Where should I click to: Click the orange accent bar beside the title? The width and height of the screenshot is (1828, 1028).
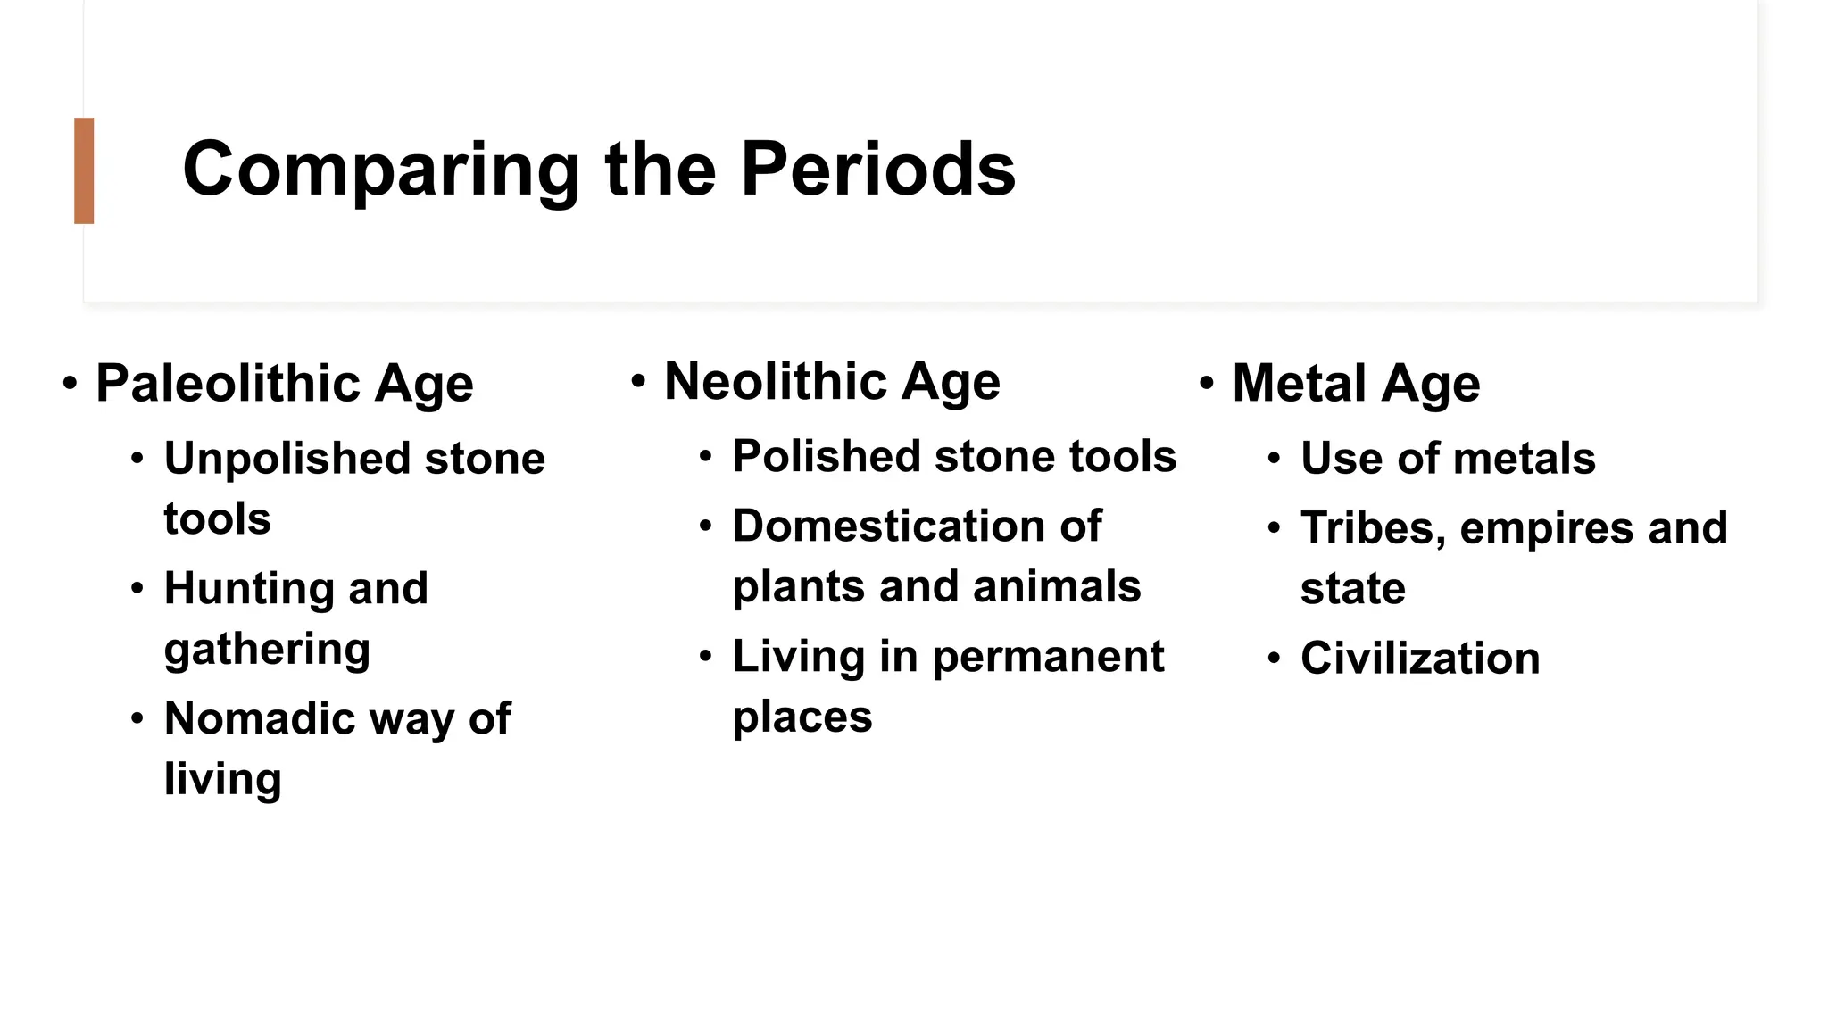click(x=84, y=170)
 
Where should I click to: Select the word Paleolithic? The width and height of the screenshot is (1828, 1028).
click(x=228, y=384)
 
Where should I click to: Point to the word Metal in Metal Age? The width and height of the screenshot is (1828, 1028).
click(x=1300, y=384)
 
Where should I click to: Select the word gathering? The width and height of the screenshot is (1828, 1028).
click(x=267, y=650)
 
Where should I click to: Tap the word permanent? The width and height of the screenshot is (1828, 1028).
click(x=1048, y=657)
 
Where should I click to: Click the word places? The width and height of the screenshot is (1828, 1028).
click(x=802, y=717)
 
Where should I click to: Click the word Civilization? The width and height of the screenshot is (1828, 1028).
click(x=1420, y=659)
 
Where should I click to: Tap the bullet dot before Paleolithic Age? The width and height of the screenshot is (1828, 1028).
click(x=70, y=384)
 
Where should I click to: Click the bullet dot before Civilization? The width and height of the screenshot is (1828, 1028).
click(x=1274, y=659)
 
